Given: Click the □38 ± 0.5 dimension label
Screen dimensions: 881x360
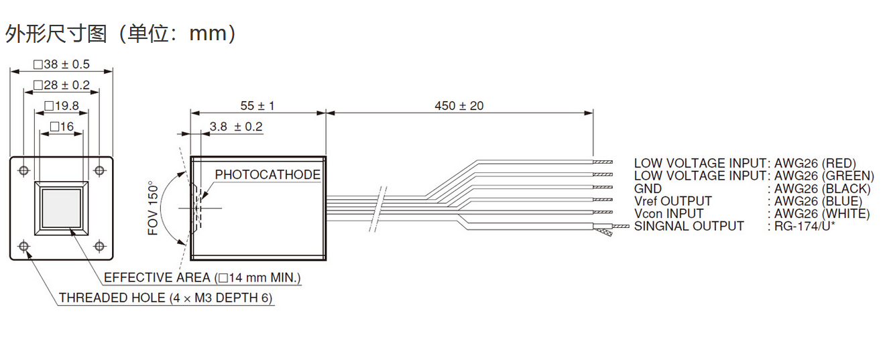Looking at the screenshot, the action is pos(62,64).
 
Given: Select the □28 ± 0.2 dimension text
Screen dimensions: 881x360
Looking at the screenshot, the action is pos(62,85).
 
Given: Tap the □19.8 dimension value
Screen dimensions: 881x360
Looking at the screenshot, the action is pos(62,106).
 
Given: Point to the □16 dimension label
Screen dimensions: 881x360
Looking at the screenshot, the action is pos(62,127).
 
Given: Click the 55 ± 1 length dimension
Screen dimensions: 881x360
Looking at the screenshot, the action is pos(257,106).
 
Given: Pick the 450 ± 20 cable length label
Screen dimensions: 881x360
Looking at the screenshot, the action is pos(459,106).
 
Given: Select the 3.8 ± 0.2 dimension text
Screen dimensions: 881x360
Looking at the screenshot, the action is pos(236,127).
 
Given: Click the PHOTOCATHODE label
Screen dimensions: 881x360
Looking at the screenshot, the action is pos(268,175).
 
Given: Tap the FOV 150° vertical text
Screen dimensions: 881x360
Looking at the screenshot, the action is pos(153,208).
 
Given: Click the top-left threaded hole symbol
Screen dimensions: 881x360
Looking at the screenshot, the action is pos(24,171).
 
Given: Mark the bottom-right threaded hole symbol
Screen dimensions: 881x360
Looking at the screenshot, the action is pos(99,246).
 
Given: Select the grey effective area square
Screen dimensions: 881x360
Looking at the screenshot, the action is pos(62,208).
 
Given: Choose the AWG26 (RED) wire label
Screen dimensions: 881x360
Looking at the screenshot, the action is pos(815,164).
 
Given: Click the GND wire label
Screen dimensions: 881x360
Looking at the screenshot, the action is pos(648,188).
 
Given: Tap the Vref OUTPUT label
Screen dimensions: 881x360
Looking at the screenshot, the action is pos(673,201).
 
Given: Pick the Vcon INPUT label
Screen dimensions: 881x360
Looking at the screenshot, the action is pos(668,214).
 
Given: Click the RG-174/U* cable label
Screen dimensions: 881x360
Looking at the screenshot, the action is pos(805,226).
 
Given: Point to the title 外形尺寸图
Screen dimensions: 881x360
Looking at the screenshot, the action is pos(56,34).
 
